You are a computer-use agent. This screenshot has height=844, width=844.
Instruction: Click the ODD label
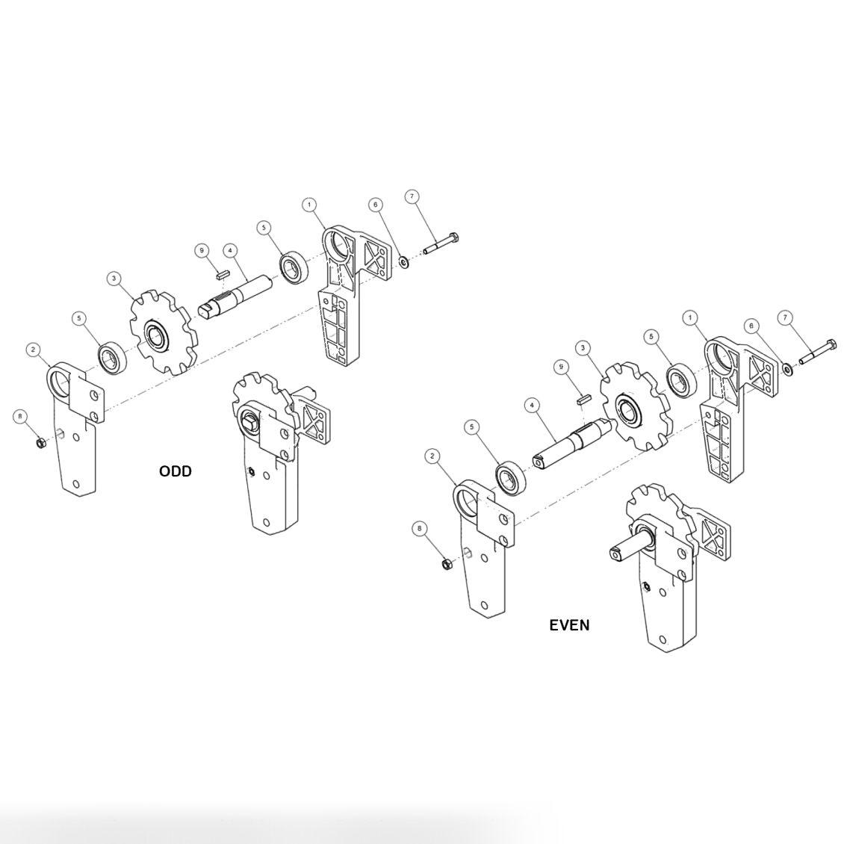pos(176,471)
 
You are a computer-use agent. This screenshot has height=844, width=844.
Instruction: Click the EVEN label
pos(569,625)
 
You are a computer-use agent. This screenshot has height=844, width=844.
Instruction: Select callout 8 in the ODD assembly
pos(20,415)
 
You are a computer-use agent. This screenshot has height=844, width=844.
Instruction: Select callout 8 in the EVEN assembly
pos(420,529)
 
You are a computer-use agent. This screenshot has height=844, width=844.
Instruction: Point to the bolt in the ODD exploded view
pos(441,245)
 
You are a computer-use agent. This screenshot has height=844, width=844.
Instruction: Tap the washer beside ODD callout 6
pos(404,261)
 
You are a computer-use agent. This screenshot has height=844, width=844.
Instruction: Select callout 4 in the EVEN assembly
pos(532,406)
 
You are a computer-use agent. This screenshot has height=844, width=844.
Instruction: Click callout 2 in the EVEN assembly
pos(432,456)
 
